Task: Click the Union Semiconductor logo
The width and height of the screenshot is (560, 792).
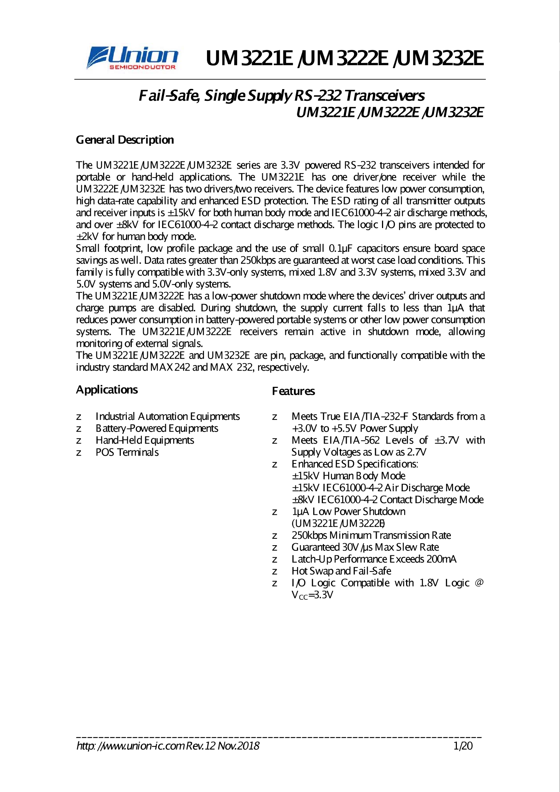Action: click(x=132, y=58)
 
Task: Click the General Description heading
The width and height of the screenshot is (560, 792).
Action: click(x=125, y=140)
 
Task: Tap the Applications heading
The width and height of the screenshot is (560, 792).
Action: click(x=107, y=389)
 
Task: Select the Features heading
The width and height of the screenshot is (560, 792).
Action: click(x=293, y=391)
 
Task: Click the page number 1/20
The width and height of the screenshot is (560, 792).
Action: click(x=463, y=746)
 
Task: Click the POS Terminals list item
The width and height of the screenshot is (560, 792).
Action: click(x=127, y=452)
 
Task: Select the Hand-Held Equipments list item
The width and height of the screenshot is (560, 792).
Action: click(x=145, y=440)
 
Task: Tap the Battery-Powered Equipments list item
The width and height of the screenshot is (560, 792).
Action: click(x=157, y=428)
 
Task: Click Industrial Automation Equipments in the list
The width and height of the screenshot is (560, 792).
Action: click(x=167, y=417)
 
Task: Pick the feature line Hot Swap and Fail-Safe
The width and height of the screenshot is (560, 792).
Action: click(x=341, y=571)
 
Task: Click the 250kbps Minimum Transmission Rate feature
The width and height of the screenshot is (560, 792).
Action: click(x=371, y=535)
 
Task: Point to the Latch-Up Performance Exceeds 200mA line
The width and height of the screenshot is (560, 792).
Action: click(x=374, y=559)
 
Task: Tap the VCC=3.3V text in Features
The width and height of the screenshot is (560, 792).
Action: click(x=312, y=595)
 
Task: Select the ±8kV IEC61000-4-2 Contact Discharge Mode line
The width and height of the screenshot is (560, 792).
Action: click(x=387, y=500)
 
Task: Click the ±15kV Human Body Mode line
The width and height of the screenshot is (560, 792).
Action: click(x=348, y=476)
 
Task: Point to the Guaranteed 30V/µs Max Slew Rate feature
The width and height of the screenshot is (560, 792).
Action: click(x=365, y=547)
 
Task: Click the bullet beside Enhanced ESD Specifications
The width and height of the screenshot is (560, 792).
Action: click(x=275, y=465)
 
